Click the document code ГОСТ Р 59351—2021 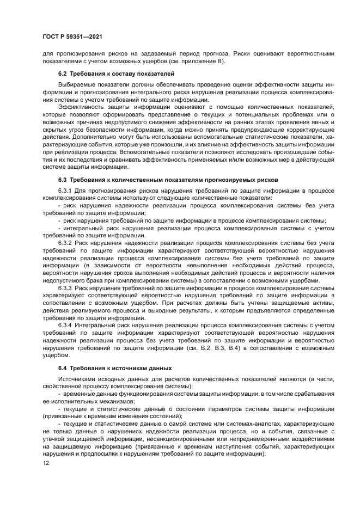[x=72, y=36]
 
